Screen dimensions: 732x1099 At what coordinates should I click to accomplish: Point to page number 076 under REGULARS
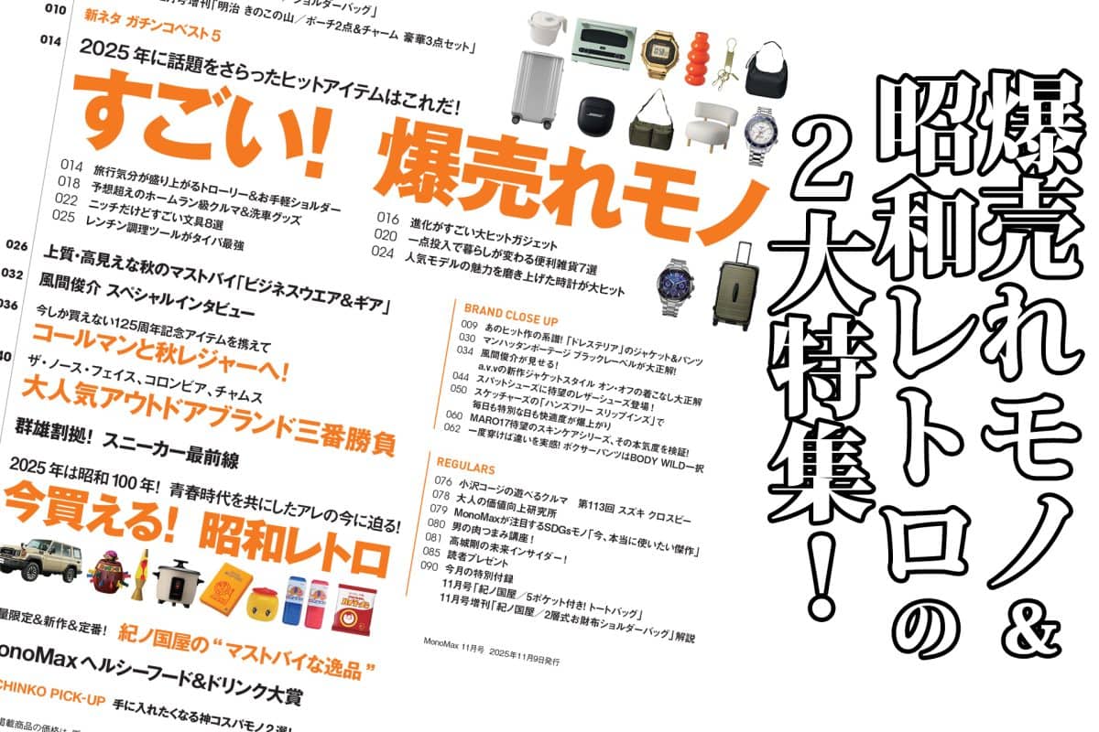[x=443, y=481]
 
